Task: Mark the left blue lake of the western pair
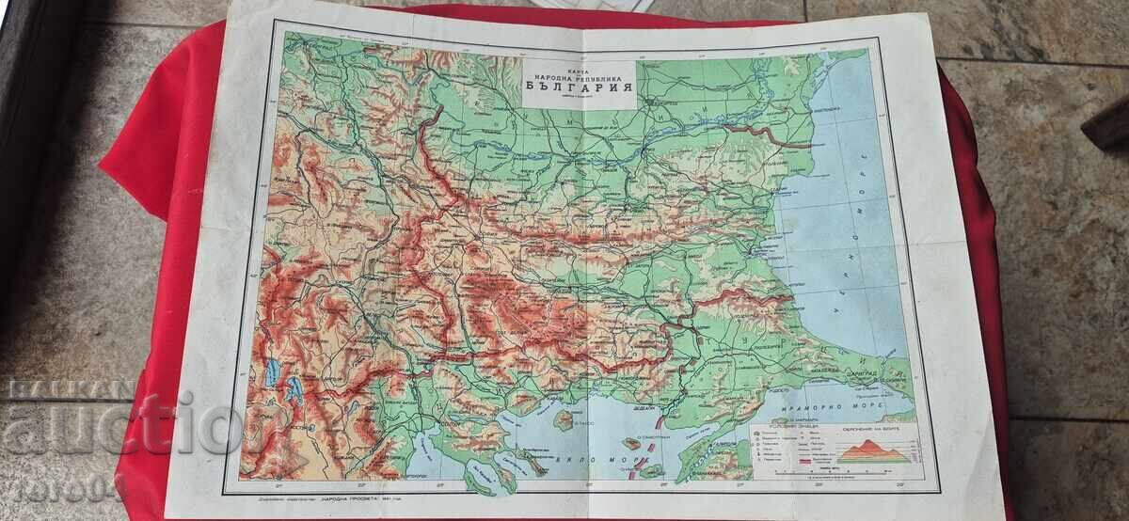pyautogui.click(x=271, y=373)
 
